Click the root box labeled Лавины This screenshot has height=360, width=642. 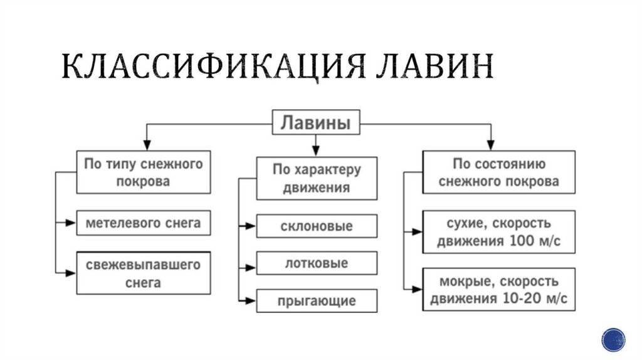(315, 122)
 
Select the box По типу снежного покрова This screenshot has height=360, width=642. (143, 172)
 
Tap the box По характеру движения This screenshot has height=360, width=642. (316, 178)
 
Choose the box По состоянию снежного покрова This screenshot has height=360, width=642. (499, 172)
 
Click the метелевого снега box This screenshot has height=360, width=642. (143, 223)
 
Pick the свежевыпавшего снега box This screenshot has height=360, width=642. (143, 273)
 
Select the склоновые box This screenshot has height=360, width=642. (316, 226)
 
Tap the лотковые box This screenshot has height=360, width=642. (316, 263)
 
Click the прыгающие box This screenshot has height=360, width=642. (316, 300)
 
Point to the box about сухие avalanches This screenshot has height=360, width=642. (499, 232)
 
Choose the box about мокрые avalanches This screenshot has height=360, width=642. (499, 289)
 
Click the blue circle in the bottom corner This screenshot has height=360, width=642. (613, 339)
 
